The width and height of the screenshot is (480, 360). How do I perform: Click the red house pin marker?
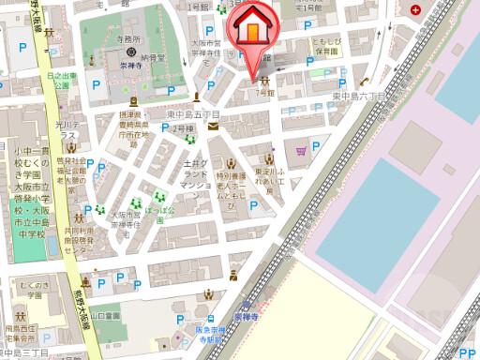click(x=254, y=28)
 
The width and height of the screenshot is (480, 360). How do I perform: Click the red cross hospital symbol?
click(x=413, y=10)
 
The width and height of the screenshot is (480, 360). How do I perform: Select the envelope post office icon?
click(x=214, y=127)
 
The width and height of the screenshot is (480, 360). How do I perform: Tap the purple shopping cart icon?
click(x=301, y=149)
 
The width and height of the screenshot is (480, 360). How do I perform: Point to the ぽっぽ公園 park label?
click(x=165, y=214)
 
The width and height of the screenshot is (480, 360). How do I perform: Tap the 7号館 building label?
click(x=264, y=95)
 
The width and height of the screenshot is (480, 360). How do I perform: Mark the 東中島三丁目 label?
click(x=26, y=353)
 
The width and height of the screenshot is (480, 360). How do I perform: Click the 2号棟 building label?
click(x=180, y=127)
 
